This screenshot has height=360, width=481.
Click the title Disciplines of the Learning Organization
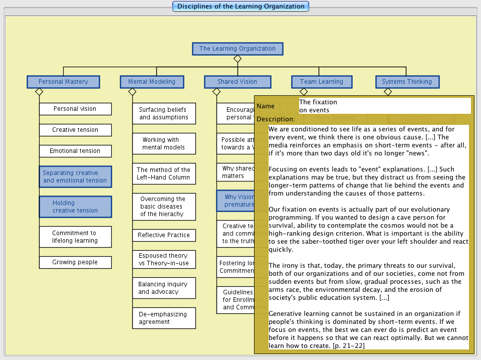pos(241,7)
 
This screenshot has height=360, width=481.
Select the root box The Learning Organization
pos(237,49)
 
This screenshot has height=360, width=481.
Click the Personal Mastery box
pos(63,82)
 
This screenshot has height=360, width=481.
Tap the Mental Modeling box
pos(152,82)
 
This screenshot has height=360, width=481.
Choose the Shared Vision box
pos(237,82)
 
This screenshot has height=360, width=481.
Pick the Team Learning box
pos(322,82)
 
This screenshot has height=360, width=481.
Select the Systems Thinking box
pos(407,82)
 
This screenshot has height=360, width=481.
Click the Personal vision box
pos(75,109)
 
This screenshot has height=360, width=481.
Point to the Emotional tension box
pos(75,151)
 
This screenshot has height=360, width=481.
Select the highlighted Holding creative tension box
pos(75,207)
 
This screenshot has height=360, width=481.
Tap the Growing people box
pos(75,262)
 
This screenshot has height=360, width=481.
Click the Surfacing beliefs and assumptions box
pos(164,113)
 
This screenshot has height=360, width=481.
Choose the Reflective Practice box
pos(164,235)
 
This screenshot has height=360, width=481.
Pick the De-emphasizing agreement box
pos(164,318)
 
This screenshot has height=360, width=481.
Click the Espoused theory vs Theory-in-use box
pos(164,259)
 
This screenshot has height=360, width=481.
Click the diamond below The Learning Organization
pos(237,59)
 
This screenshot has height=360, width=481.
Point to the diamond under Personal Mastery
pos(39,92)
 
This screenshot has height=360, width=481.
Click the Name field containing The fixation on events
pos(384,106)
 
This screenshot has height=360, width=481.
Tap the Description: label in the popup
pos(276,119)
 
